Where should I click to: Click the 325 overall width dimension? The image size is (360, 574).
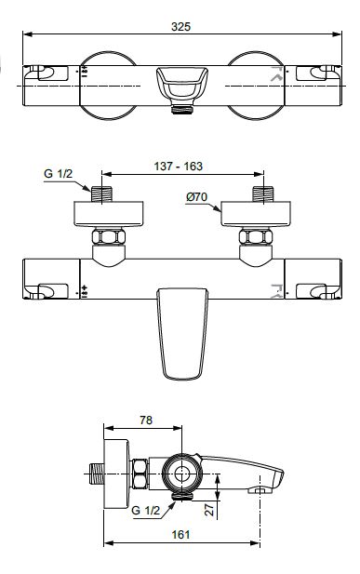point(180,27)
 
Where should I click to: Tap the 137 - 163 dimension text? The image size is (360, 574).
point(178,167)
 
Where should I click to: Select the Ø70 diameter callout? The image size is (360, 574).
point(196,197)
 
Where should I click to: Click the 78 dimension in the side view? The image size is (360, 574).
point(146,420)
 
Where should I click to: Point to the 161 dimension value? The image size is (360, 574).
point(180,535)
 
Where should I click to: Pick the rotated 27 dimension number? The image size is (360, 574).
point(209,509)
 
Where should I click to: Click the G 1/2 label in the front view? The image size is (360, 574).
point(59,174)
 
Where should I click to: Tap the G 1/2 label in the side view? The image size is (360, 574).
point(145,510)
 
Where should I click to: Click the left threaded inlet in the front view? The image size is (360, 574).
point(101,194)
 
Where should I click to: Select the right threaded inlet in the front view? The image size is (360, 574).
point(263,194)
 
